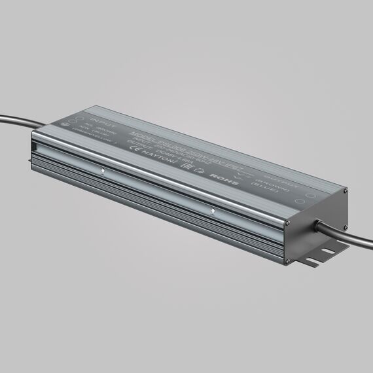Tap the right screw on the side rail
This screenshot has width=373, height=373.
pyautogui.click(x=214, y=212)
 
